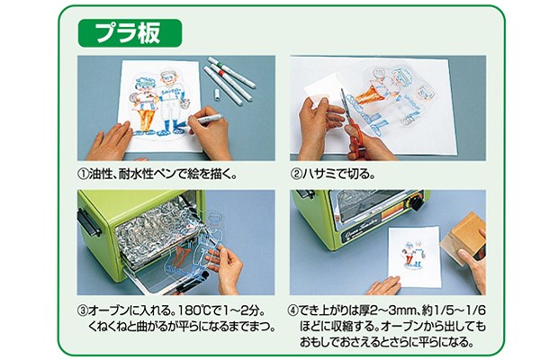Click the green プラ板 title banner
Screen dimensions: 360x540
(x=131, y=33)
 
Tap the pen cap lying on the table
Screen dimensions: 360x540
(x=220, y=94)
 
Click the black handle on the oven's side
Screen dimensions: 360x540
(x=86, y=221)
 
